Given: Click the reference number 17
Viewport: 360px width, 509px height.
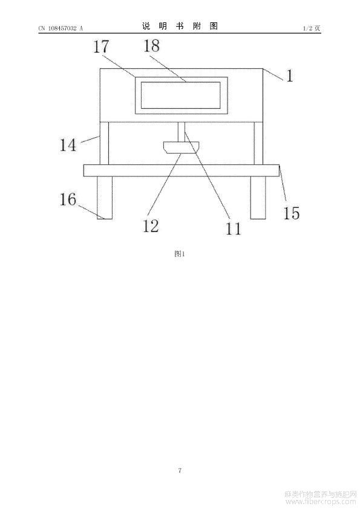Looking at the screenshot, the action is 101,47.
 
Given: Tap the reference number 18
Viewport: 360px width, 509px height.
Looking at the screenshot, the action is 151,46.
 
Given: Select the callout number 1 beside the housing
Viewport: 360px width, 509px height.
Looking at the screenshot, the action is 289,76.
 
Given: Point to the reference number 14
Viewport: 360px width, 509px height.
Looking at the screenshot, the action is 68,145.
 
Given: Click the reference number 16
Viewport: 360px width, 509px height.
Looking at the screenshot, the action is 68,199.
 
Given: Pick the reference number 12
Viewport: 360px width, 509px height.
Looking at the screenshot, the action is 151,226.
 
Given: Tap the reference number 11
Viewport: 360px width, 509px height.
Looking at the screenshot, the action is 234,229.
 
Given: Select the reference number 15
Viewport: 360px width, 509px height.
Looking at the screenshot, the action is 292,213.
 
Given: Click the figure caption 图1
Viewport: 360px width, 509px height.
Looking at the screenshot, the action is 179,254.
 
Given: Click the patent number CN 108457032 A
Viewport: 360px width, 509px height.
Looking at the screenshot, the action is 61,28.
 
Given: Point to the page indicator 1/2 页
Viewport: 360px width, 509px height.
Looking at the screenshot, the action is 312,28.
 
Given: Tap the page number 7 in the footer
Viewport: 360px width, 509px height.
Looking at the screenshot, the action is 180,470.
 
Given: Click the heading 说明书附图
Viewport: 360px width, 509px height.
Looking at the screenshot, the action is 180,26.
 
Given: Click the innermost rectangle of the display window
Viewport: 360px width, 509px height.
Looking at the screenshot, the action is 181,82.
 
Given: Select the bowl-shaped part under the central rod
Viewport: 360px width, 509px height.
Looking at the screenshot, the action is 182,147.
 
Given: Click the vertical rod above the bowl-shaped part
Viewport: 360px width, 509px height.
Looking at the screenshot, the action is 182,131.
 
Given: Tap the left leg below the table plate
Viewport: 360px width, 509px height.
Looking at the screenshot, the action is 105,198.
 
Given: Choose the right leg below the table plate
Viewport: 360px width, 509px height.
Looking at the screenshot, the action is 258,198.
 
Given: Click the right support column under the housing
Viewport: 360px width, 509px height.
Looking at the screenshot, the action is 258,143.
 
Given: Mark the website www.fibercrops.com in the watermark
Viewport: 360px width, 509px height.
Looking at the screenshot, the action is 321,502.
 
